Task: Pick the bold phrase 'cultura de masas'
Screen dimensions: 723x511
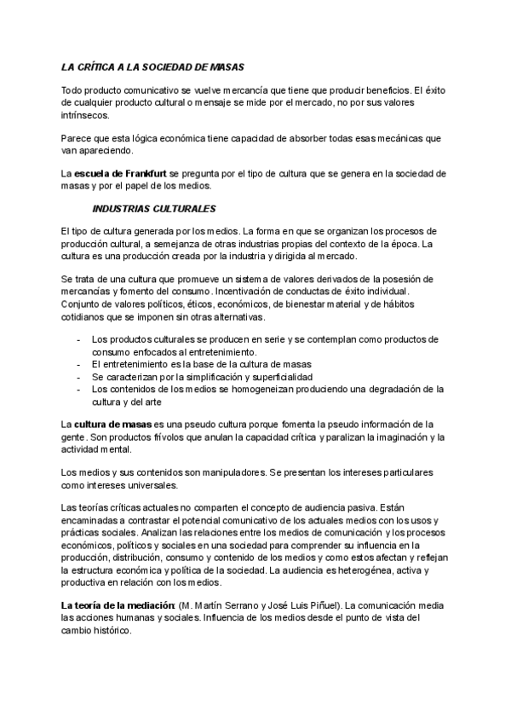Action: click(x=113, y=424)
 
